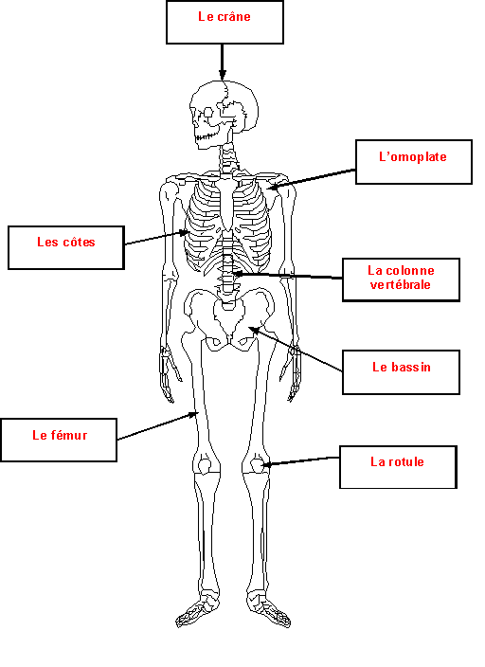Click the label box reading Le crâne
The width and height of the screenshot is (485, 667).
(225, 22)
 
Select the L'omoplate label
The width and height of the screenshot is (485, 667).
(414, 162)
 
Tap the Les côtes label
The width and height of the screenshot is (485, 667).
(66, 247)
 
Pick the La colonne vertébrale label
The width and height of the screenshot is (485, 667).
(401, 279)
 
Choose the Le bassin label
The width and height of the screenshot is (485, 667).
(401, 372)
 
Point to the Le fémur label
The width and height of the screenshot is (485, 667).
(59, 440)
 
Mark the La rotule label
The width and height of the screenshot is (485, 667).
(398, 467)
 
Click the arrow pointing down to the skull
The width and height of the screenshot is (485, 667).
(222, 62)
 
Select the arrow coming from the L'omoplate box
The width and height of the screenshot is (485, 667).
(312, 179)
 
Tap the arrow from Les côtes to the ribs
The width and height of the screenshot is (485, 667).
(156, 238)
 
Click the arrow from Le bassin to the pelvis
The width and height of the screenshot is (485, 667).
(296, 349)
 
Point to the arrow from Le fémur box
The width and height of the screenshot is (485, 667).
(158, 425)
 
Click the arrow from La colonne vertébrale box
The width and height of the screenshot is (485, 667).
(288, 276)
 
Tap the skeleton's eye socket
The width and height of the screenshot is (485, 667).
(208, 113)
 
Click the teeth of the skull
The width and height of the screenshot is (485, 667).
(205, 137)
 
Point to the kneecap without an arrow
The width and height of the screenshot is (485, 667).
(205, 465)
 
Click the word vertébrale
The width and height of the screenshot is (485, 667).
(401, 284)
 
